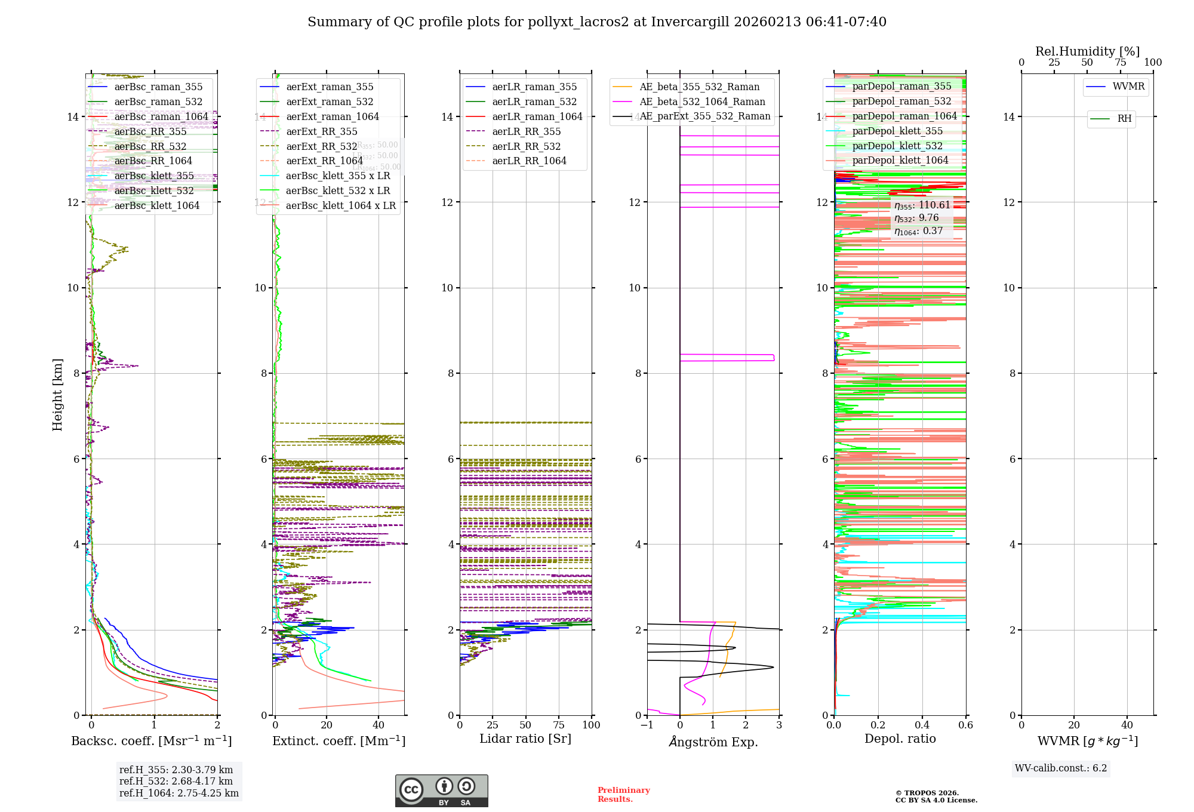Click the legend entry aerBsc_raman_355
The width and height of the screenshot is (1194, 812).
(x=158, y=87)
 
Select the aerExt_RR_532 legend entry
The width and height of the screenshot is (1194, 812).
(x=322, y=146)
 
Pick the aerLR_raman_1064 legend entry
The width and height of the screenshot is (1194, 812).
(x=537, y=117)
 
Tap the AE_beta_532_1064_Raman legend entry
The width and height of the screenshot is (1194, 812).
(x=702, y=102)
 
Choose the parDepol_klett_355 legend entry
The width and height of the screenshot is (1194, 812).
(x=897, y=131)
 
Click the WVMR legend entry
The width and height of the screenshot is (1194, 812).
(x=1128, y=87)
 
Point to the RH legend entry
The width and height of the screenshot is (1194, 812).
(x=1124, y=119)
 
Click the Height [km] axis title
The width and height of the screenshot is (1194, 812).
(x=57, y=394)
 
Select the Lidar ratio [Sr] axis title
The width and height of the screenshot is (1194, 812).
(x=525, y=739)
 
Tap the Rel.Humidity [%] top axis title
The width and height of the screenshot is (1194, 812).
(x=1087, y=51)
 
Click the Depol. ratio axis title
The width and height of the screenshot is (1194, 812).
(x=900, y=739)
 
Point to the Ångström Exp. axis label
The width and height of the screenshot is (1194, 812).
(x=713, y=742)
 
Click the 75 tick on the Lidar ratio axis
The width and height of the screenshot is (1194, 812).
(x=559, y=725)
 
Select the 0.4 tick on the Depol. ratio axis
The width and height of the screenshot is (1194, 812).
(x=922, y=725)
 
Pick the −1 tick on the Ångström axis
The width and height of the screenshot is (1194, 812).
(x=647, y=725)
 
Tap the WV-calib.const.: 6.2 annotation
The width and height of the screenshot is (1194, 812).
(x=1061, y=768)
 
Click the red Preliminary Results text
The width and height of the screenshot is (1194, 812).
(x=623, y=795)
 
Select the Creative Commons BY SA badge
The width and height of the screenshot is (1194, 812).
(x=441, y=791)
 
